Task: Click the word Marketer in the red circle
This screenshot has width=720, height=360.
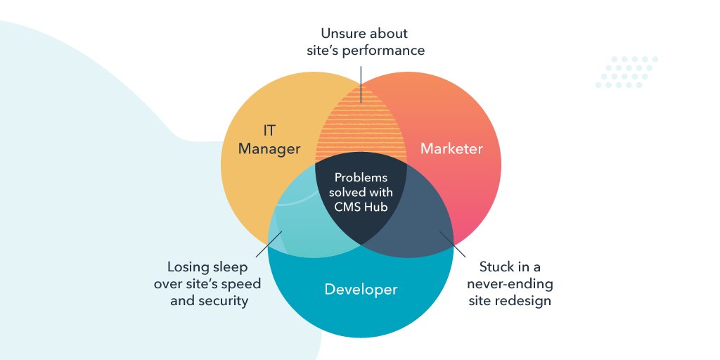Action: pos(451,149)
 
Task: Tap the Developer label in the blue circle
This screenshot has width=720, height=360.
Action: pos(361,289)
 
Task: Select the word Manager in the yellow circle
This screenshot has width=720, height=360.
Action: pos(269,149)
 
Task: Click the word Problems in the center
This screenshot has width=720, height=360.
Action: pos(361,178)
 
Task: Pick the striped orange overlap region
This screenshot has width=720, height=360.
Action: pos(361,130)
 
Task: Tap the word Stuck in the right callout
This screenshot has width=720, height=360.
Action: pos(496,267)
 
